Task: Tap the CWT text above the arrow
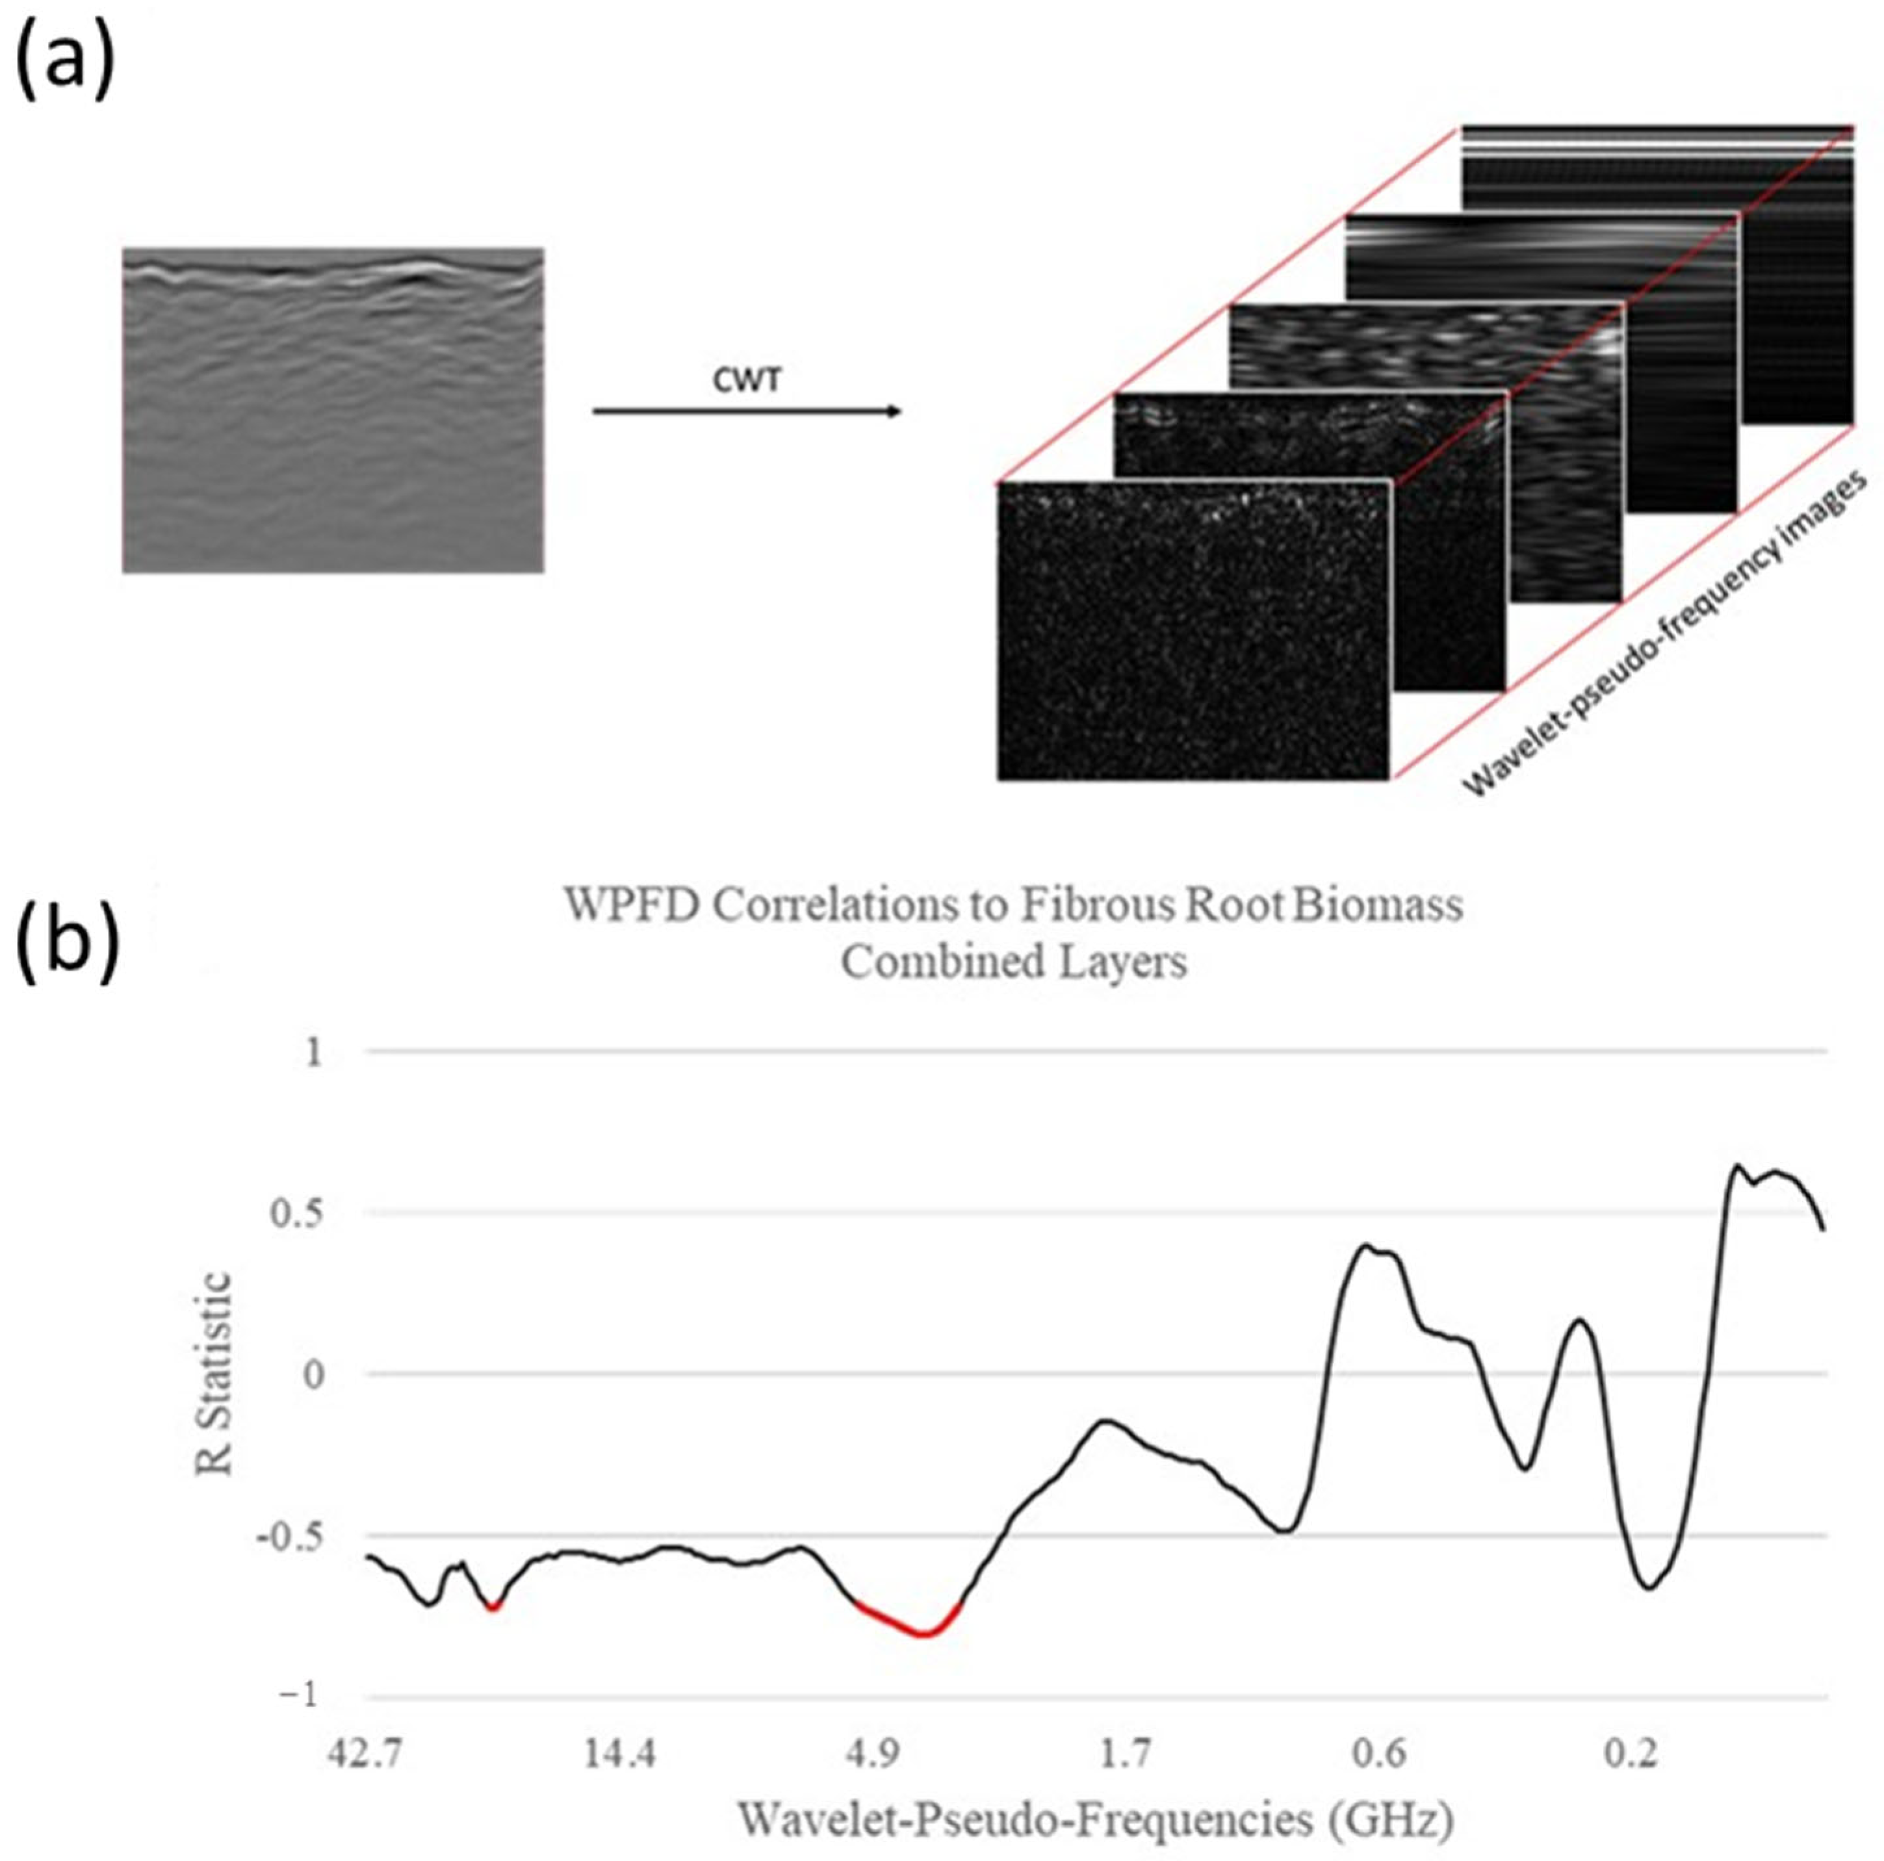pyautogui.click(x=746, y=380)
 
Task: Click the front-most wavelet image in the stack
pyautogui.click(x=1193, y=631)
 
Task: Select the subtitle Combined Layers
pyautogui.click(x=1014, y=962)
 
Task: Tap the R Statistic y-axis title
pyautogui.click(x=216, y=1374)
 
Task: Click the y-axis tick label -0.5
pyautogui.click(x=290, y=1536)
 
